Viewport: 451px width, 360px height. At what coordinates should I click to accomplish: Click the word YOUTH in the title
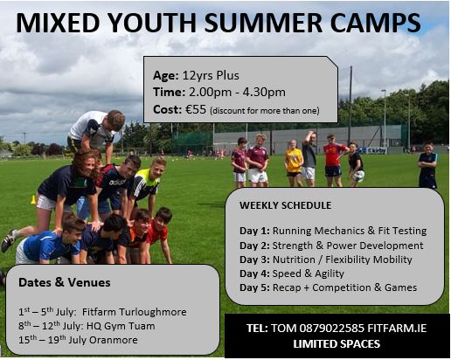point(153,23)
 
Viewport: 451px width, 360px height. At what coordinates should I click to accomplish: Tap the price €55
point(196,109)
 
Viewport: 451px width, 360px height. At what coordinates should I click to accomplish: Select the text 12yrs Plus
point(211,75)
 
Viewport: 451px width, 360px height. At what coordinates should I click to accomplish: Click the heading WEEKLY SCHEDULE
point(285,205)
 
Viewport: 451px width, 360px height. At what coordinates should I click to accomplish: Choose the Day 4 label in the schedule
point(254,273)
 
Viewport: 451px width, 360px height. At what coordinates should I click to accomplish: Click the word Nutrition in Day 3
point(294,260)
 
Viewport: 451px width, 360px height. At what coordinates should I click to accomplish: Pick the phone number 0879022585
point(331,329)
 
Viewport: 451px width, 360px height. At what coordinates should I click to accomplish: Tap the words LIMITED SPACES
point(337,344)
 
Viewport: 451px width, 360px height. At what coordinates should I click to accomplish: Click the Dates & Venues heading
point(65,282)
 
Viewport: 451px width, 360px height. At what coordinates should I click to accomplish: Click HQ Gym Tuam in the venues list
point(121,326)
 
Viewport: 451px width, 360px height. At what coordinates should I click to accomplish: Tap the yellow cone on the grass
point(33,200)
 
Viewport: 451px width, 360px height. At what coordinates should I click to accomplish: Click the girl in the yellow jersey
point(294,163)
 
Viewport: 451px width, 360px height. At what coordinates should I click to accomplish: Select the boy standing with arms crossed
point(427,165)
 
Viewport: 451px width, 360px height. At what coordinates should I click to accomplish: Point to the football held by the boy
point(358,176)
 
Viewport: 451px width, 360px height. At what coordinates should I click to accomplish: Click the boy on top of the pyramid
point(96,132)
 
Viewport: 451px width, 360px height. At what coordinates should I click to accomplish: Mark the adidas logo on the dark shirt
point(117,183)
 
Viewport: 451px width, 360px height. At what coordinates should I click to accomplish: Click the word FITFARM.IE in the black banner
point(397,329)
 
